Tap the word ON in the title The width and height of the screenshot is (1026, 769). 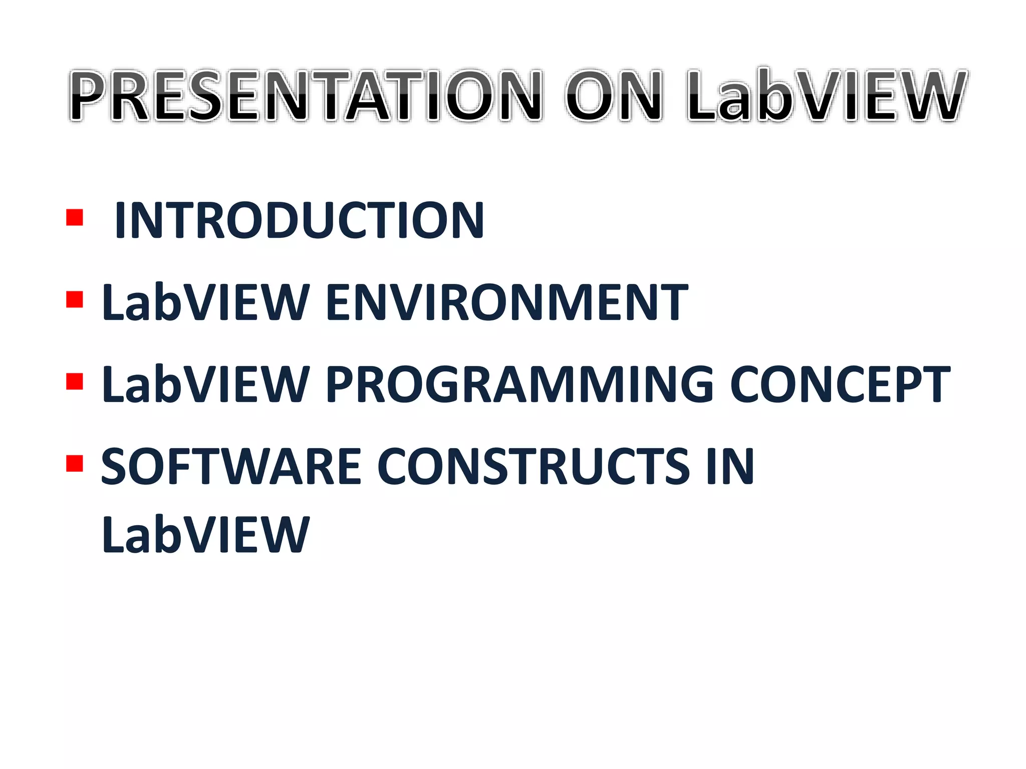click(614, 96)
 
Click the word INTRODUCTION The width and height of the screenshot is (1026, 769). click(299, 220)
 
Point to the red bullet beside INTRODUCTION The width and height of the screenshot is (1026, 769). click(74, 218)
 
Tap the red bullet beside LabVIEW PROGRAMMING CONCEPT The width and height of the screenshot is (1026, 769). click(74, 381)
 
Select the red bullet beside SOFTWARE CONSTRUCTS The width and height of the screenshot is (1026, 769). click(74, 464)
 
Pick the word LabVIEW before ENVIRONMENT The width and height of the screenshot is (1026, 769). click(205, 302)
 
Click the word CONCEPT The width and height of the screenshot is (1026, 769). click(840, 384)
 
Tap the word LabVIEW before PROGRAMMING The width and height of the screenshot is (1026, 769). click(205, 384)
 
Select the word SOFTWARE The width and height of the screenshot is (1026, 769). click(231, 467)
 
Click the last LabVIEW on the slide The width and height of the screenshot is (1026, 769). click(205, 535)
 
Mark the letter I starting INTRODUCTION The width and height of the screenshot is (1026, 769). click(120, 220)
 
